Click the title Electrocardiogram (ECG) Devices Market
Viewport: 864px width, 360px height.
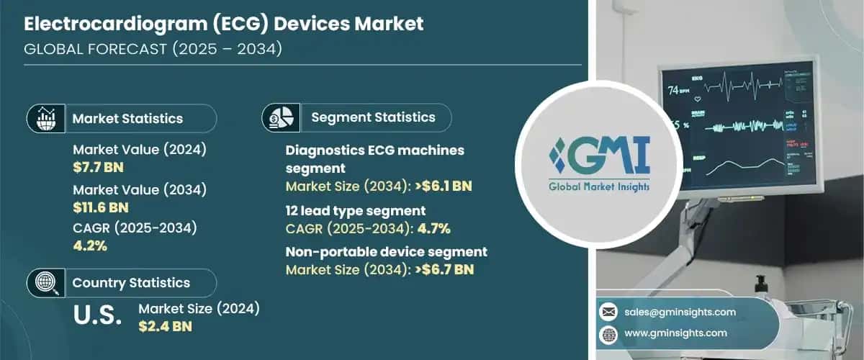tap(224, 24)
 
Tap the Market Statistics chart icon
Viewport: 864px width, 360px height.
tap(45, 118)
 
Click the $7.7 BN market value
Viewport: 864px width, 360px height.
tap(97, 168)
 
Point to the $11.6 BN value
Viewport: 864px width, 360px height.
tap(101, 209)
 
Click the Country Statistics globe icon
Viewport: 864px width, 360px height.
tap(45, 282)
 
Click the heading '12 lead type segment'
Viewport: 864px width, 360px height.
tap(356, 210)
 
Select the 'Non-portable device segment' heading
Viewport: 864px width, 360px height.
tap(386, 252)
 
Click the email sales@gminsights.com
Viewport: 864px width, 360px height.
tap(681, 312)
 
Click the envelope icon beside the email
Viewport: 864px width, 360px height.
tap(609, 312)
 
